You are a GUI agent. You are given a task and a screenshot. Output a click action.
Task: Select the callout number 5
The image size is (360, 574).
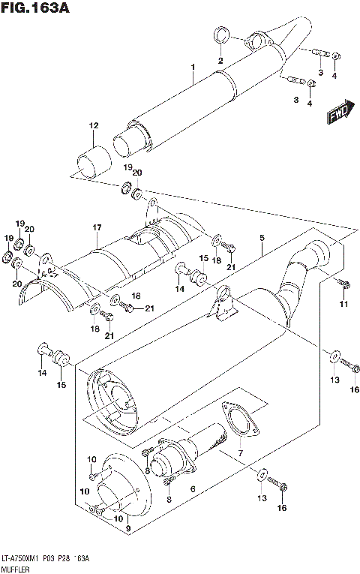click(x=262, y=239)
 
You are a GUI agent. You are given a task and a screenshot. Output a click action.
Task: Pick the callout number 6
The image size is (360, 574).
click(x=193, y=488)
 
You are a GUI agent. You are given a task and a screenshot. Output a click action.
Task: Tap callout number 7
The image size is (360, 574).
click(x=240, y=454)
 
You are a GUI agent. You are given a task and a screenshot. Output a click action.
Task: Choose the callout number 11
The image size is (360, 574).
click(x=343, y=303)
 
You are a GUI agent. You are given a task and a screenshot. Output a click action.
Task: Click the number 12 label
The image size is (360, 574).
click(x=93, y=125)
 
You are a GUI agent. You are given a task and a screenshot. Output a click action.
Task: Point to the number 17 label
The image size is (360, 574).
click(x=97, y=227)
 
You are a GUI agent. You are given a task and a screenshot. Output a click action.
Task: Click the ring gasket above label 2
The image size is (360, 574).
click(x=220, y=35)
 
